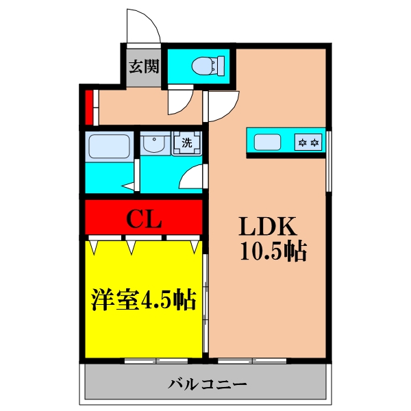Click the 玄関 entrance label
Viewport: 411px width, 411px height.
144,66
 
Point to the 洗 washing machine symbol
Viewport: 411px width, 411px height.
186,144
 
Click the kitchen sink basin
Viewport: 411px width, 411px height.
268,142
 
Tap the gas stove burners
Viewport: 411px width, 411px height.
308,142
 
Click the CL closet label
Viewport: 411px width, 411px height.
144,219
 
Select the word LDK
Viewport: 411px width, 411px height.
266,227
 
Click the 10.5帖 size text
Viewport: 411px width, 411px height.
273,251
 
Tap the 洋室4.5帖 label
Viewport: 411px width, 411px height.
145,299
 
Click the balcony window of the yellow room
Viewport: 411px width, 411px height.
156,359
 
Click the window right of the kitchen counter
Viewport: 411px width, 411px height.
328,162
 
